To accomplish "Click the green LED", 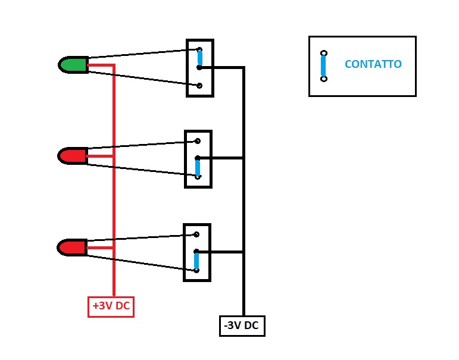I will [73, 65].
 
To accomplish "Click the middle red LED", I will [73, 156].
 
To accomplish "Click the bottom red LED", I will [73, 247].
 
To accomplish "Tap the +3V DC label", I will [111, 306].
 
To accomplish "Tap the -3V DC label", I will [242, 326].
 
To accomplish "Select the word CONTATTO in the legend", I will [373, 64].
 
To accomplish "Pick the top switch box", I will [200, 68].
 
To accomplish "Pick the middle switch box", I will [198, 159].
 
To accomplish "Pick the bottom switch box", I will [197, 252].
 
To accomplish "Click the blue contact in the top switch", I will [199, 58].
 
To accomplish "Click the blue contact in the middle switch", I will [198, 167].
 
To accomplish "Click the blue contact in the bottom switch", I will [196, 261].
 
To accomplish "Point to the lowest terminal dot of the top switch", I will [199, 86].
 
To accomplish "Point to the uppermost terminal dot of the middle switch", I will [198, 141].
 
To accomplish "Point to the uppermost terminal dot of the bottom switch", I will [196, 234].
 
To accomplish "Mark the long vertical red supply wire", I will [113, 179].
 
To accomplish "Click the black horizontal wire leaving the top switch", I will [223, 68].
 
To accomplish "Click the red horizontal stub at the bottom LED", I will [100, 248].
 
